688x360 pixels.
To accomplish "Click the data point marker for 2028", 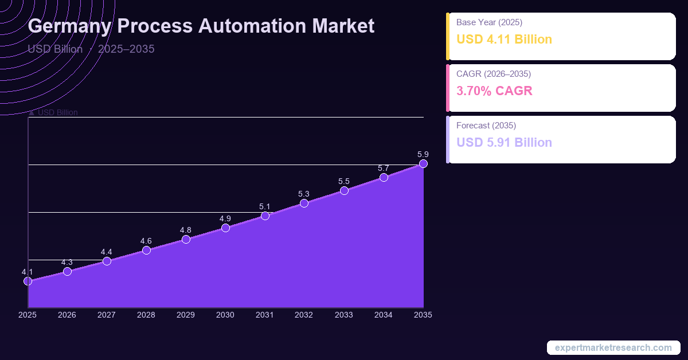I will [146, 250].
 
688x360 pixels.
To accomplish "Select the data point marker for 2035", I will [423, 164].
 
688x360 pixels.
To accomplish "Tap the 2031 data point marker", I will [265, 216].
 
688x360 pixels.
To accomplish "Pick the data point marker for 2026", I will [67, 271].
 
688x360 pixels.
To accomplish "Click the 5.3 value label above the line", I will [304, 194].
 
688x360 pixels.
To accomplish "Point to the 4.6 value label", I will [146, 241].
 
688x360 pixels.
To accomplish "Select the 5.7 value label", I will [384, 168].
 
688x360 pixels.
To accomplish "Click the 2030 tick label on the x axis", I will [225, 315].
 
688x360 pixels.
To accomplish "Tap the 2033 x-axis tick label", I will [344, 315].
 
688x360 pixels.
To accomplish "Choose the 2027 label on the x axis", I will [107, 315].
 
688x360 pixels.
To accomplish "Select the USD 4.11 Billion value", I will [504, 40].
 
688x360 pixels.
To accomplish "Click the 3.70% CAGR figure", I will [494, 91].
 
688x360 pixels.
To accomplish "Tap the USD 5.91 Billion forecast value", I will [504, 142].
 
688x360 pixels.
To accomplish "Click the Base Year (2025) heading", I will [489, 22].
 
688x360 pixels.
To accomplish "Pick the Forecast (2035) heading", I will [486, 126].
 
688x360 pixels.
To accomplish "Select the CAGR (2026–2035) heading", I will [494, 74].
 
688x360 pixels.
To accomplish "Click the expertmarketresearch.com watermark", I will [613, 348].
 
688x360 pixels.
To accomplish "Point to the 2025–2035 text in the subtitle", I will [126, 49].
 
